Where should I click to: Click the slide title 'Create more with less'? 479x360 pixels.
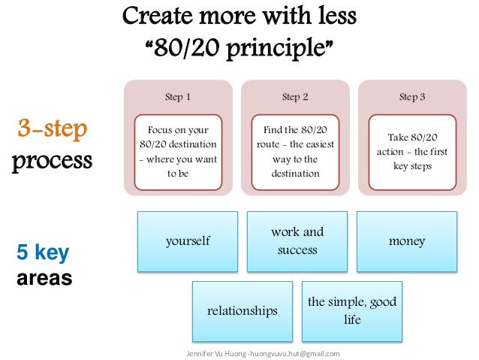(239, 16)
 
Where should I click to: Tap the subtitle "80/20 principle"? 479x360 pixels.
(239, 48)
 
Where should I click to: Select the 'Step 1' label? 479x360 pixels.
(177, 97)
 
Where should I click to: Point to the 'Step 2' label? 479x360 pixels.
(295, 97)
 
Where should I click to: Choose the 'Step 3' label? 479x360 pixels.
(412, 97)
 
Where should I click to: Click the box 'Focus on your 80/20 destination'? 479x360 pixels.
(178, 151)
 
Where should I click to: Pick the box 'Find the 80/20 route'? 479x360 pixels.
(295, 151)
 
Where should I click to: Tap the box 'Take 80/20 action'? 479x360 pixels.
(412, 151)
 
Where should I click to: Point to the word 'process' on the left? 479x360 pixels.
(52, 161)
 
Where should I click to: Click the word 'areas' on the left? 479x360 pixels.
(44, 279)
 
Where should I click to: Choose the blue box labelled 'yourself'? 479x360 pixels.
(188, 241)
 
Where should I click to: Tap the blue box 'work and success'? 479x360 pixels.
(297, 241)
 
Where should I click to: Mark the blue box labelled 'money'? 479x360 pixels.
(407, 241)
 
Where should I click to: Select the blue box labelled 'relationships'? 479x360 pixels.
(243, 311)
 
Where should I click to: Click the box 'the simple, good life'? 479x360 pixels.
(352, 311)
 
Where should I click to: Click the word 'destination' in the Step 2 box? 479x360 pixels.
(295, 174)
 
